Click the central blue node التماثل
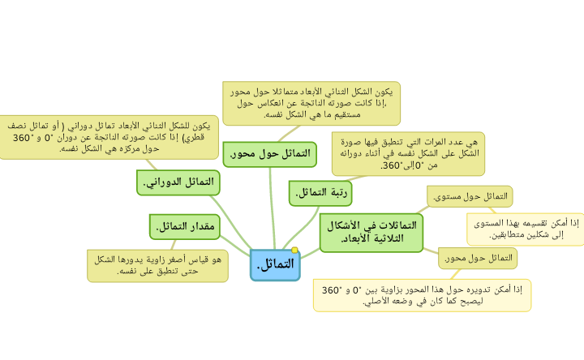click(x=275, y=264)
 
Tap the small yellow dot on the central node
click(x=295, y=250)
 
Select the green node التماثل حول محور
click(x=270, y=153)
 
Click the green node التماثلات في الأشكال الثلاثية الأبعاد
click(x=371, y=232)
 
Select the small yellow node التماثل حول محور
click(x=478, y=258)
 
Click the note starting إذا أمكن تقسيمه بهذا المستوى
click(x=526, y=228)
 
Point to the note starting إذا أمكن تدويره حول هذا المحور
click(x=423, y=295)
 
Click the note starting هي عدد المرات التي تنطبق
click(x=409, y=153)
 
